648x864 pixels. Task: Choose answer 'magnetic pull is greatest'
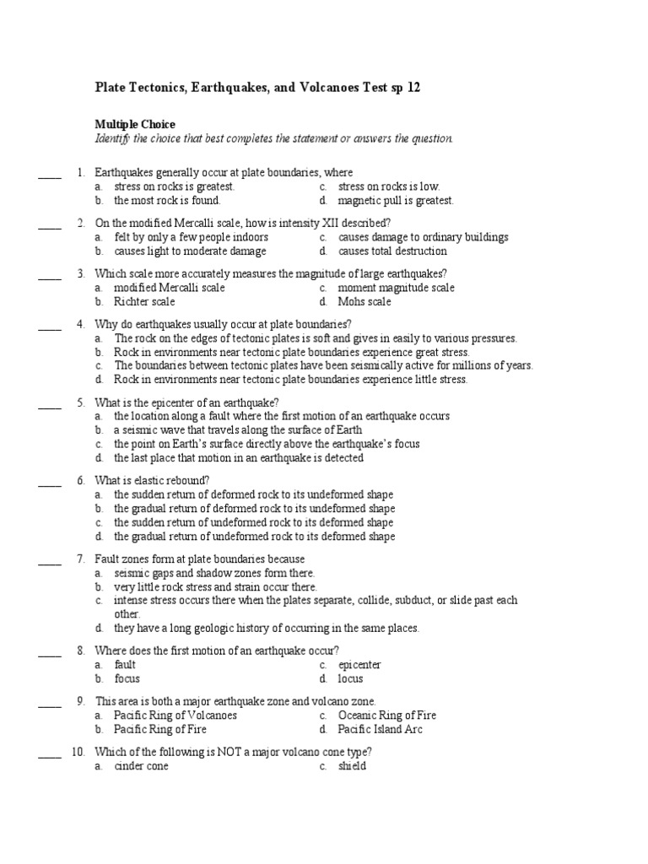click(x=396, y=201)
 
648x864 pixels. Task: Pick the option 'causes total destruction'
click(x=392, y=251)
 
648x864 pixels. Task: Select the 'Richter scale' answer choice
click(x=145, y=302)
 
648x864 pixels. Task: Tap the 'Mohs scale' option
click(x=364, y=302)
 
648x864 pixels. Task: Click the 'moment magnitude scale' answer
click(x=396, y=288)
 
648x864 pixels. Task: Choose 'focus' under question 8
click(x=127, y=679)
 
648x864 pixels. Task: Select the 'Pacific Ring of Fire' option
click(x=160, y=730)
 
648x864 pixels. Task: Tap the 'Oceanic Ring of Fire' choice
click(x=387, y=715)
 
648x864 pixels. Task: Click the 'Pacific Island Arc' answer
click(x=381, y=730)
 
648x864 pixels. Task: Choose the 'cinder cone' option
click(x=142, y=767)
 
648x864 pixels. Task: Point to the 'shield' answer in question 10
click(x=352, y=767)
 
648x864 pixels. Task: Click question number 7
click(x=80, y=559)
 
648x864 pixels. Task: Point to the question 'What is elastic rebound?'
click(x=152, y=481)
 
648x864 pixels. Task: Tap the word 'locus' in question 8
click(x=351, y=679)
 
